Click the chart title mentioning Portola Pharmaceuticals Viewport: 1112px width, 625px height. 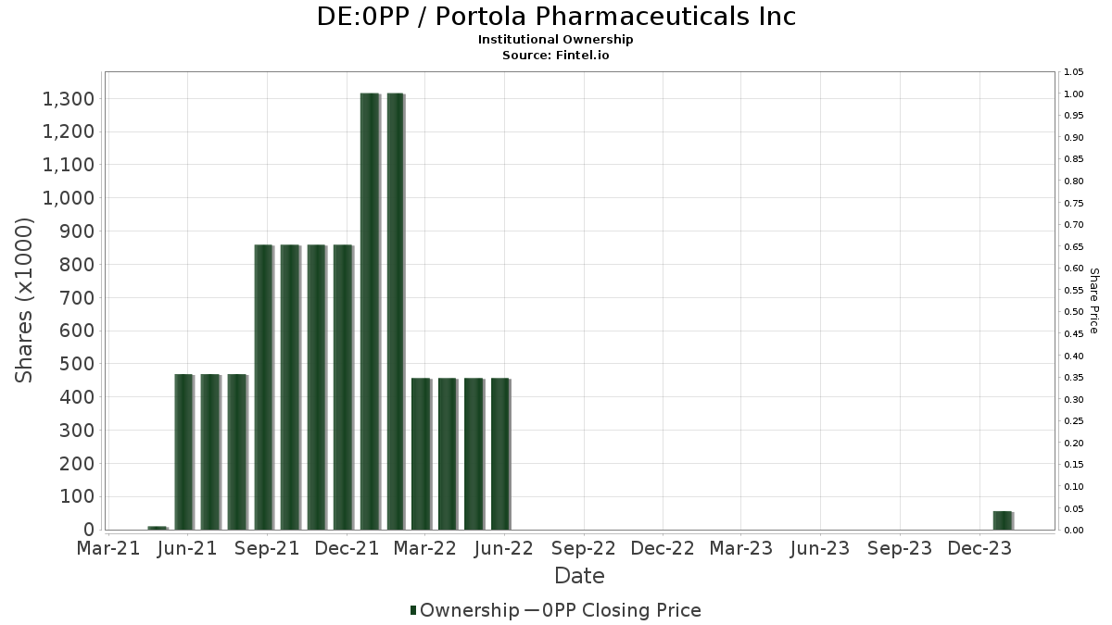556,17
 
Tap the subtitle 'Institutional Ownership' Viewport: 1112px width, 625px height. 556,40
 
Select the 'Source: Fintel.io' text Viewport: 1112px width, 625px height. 556,55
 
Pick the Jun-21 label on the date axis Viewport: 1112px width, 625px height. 187,548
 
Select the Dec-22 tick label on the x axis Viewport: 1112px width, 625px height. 663,548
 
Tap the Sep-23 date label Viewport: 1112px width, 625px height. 900,548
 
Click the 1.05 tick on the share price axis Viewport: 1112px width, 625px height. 1074,72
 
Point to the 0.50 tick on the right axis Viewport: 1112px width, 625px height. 1074,312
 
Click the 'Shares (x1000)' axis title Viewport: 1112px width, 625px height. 25,300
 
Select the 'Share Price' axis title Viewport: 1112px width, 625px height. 1094,301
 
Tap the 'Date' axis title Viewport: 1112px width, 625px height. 579,576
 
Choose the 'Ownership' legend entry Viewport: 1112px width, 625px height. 465,610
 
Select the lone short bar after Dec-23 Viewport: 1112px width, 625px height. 1003,520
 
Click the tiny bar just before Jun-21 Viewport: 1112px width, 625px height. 158,528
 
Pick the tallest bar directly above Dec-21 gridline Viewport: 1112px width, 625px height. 370,311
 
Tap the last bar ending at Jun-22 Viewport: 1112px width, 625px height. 500,454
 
